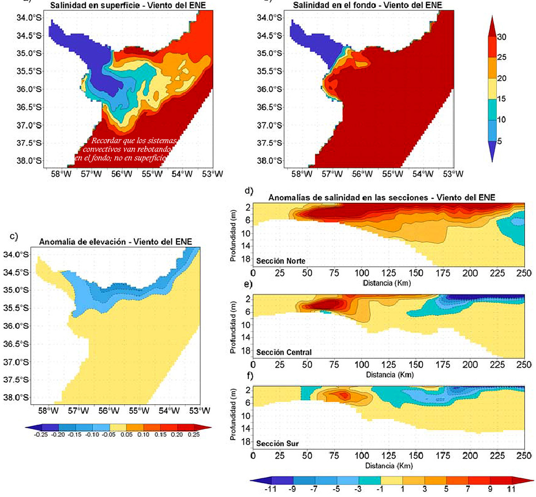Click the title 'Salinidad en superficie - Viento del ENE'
pos(128,5)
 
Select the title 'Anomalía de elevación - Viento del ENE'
pos(115,242)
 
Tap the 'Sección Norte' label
pos(280,261)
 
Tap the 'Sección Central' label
pos(283,352)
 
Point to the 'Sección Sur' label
pos(277,444)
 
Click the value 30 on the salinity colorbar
pos(501,37)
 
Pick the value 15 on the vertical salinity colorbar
pos(501,99)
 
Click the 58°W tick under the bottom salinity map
pos(302,174)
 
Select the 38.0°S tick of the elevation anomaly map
pos(17,397)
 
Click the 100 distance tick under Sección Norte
pos(362,273)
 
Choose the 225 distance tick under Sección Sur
pos(498,456)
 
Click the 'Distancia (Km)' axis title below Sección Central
pos(389,375)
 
